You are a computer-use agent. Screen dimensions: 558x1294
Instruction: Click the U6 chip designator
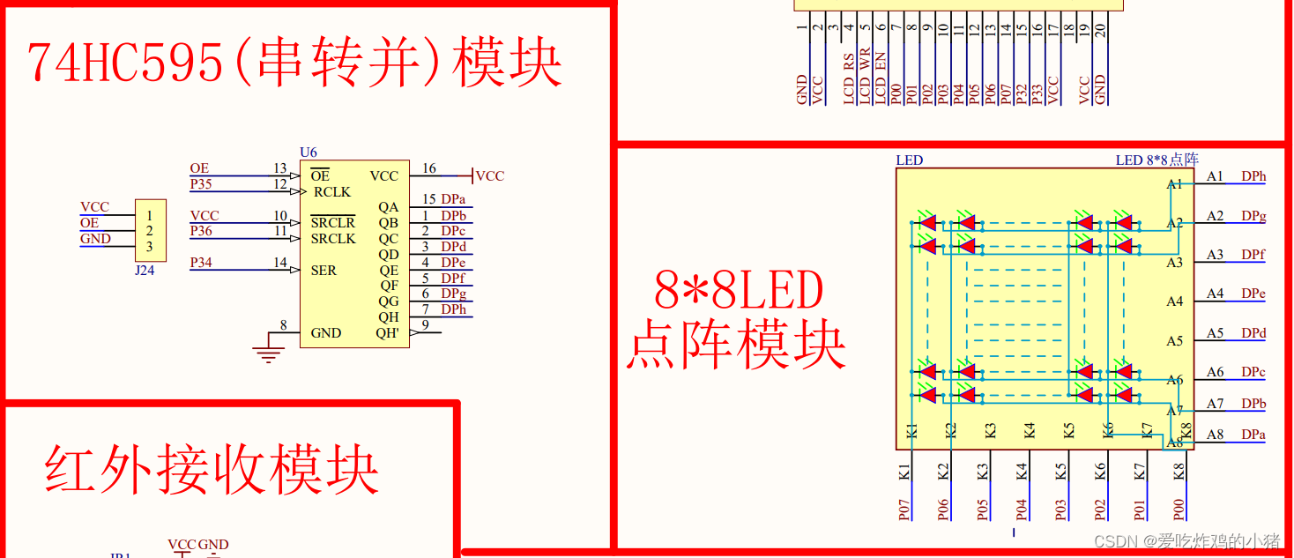click(x=308, y=153)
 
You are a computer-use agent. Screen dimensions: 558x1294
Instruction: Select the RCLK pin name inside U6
click(x=331, y=192)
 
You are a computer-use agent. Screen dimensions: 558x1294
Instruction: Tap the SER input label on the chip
click(x=323, y=271)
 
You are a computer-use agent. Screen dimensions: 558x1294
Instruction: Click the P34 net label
click(x=201, y=263)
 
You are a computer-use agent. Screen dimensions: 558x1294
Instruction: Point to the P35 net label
click(x=201, y=183)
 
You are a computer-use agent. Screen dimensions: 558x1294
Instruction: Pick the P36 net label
click(x=201, y=231)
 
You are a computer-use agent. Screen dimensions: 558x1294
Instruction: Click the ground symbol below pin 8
click(x=267, y=354)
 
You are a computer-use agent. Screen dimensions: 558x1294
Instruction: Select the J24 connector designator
click(x=145, y=271)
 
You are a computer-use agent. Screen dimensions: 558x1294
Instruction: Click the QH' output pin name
click(x=388, y=333)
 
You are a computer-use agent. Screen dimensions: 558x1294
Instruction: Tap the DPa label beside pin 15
click(x=453, y=199)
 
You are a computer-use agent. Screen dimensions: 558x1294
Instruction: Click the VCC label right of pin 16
click(x=489, y=176)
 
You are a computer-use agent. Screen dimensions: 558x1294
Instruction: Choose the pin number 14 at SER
click(x=279, y=263)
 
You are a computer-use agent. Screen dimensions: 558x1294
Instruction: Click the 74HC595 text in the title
click(x=124, y=63)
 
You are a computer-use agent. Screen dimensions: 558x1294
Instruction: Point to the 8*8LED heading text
click(x=739, y=291)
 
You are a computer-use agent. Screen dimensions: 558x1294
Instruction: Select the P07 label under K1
click(x=904, y=510)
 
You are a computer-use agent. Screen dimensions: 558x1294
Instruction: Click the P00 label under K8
click(x=1179, y=510)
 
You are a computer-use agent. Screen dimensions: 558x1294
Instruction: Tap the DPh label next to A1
click(x=1253, y=176)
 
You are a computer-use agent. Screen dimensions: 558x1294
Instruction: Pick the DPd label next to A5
click(x=1253, y=333)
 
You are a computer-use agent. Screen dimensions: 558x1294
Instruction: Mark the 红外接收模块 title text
click(x=212, y=471)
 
